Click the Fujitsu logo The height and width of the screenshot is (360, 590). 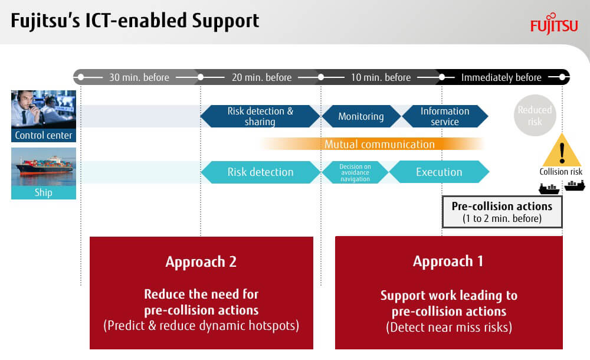pyautogui.click(x=554, y=24)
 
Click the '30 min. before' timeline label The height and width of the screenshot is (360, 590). pyautogui.click(x=139, y=77)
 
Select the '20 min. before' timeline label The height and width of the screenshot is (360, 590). pyautogui.click(x=261, y=77)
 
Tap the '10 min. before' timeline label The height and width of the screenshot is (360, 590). pyautogui.click(x=381, y=77)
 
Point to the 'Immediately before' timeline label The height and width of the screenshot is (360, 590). pyautogui.click(x=501, y=77)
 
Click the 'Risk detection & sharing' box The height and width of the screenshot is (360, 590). pyautogui.click(x=260, y=116)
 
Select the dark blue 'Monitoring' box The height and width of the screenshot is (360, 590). pyautogui.click(x=361, y=116)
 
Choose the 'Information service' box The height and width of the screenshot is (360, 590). pyautogui.click(x=445, y=116)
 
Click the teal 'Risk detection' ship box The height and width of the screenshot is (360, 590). pyautogui.click(x=260, y=172)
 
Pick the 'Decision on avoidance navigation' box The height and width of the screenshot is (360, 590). pyautogui.click(x=355, y=172)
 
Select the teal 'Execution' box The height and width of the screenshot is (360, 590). pyautogui.click(x=439, y=172)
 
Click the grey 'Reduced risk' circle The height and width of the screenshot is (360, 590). pyautogui.click(x=535, y=115)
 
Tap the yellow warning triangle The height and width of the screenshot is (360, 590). pyautogui.click(x=562, y=150)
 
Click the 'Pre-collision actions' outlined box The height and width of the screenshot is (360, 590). pyautogui.click(x=502, y=212)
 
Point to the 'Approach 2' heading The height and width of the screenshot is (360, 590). pyautogui.click(x=201, y=261)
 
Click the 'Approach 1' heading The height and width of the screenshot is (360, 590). pyautogui.click(x=448, y=261)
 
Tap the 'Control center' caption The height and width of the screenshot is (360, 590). pyautogui.click(x=44, y=135)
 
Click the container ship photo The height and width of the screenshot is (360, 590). pyautogui.click(x=44, y=166)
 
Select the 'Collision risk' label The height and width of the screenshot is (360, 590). pyautogui.click(x=560, y=172)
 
